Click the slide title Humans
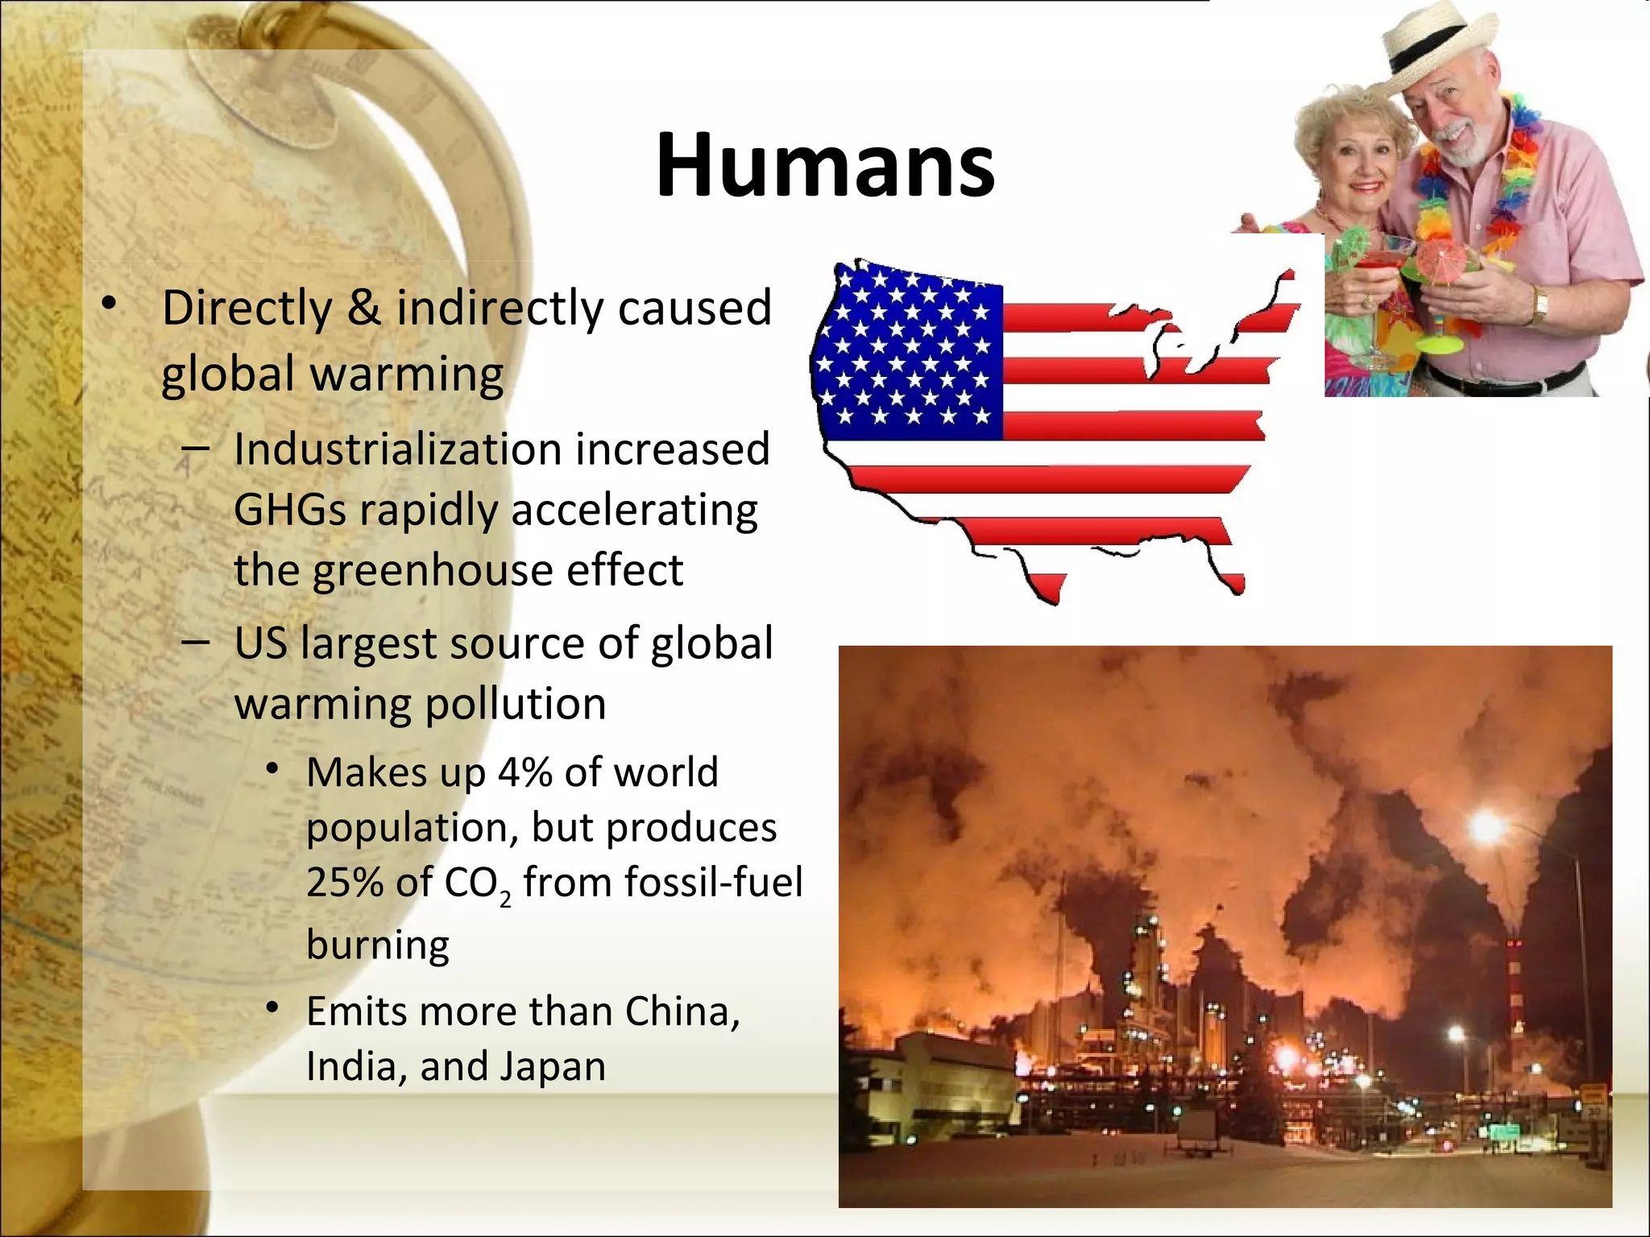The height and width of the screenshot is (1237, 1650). coord(825,165)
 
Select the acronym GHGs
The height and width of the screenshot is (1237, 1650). coord(289,510)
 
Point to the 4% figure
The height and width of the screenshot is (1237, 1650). coord(524,772)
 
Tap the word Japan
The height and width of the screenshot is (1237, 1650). coord(553,1067)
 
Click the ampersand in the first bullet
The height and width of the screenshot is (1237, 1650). coord(363,308)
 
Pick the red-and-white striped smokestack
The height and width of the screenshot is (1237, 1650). coord(1515,999)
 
